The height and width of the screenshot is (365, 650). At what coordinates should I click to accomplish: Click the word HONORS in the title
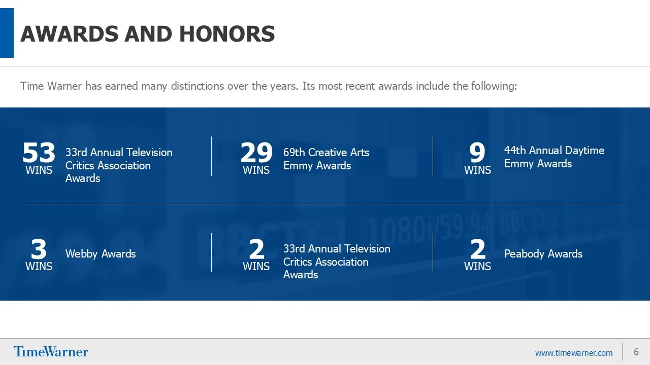pos(227,34)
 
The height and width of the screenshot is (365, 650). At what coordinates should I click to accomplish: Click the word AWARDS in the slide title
pos(70,34)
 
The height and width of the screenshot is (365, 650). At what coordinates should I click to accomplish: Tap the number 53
pos(39,152)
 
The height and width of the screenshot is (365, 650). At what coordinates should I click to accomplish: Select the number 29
pos(256,152)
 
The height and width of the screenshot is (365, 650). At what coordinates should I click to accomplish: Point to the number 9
pos(477,152)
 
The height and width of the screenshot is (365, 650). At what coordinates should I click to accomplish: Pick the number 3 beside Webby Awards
pos(39,249)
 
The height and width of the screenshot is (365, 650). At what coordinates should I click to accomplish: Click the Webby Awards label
pos(101,254)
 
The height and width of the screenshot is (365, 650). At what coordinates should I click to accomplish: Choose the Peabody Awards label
pos(543,254)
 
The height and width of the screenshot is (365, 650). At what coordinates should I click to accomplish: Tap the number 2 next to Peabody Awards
pos(477,249)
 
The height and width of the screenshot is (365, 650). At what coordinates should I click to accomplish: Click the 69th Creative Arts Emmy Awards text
pos(326,159)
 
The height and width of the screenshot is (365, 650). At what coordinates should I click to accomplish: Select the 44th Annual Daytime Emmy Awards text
pos(554,157)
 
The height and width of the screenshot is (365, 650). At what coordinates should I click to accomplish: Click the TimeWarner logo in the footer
pos(51,352)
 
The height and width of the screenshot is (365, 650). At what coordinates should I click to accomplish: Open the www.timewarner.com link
pos(574,353)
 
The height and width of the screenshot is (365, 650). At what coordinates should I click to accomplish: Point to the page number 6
pos(636,352)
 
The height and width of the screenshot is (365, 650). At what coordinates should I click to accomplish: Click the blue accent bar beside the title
pos(7,33)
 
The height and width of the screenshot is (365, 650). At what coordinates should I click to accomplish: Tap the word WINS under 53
pos(39,170)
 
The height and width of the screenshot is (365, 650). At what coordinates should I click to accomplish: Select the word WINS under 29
pos(256,170)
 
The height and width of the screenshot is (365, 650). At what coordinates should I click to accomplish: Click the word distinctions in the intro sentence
pos(198,86)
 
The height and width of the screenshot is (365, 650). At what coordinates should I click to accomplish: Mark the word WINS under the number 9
pos(477,170)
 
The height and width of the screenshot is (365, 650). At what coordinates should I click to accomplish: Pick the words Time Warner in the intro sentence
pos(51,86)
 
